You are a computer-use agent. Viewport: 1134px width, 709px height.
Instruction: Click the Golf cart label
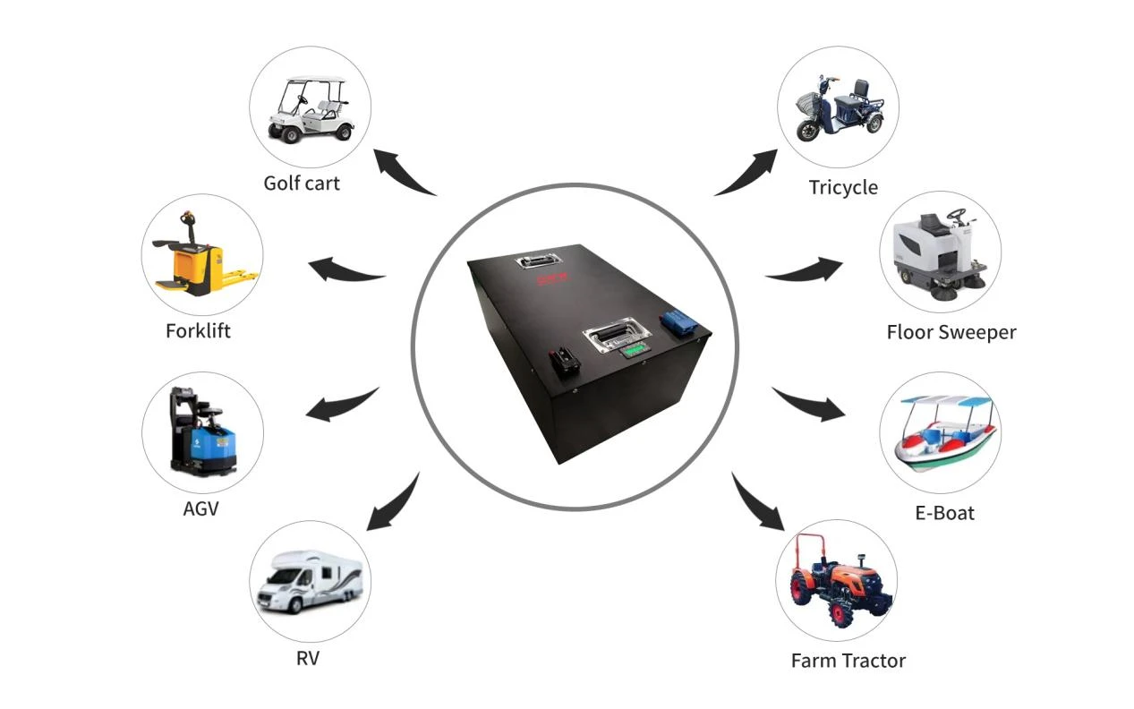pos(302,184)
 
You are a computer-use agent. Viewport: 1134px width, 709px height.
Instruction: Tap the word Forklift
pos(198,331)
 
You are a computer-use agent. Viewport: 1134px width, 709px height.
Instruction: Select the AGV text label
pos(201,508)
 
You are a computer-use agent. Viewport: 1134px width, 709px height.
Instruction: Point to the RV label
pos(308,658)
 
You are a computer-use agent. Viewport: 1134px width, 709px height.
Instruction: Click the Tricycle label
pos(843,187)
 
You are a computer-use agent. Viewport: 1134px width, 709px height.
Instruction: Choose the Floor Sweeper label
pos(951,332)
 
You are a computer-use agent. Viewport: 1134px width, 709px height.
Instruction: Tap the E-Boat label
pos(944,513)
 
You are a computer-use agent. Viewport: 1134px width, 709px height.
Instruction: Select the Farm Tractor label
pos(848,661)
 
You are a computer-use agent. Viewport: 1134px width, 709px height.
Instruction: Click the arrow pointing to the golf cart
pos(400,172)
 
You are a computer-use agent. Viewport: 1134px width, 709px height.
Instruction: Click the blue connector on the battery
pos(679,322)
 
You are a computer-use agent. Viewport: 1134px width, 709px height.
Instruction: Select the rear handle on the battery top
pos(538,261)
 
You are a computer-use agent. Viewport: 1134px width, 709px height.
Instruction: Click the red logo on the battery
pos(552,278)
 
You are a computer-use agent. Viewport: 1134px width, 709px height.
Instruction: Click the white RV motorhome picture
pos(310,581)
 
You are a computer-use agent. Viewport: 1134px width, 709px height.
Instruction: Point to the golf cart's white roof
pos(315,80)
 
